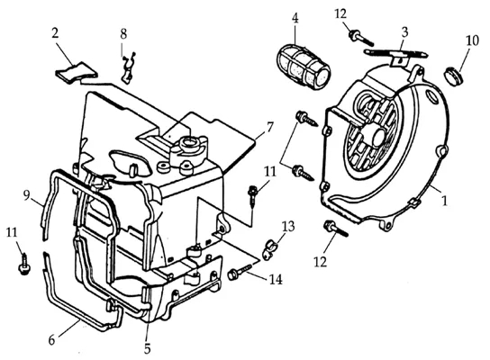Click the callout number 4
coord(295,19)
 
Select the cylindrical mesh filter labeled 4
coord(304,67)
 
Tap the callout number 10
coord(473,40)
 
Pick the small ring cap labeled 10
coord(452,76)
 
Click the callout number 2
coord(55,33)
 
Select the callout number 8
coord(123,34)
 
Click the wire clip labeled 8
coord(128,68)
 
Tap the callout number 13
coord(288,226)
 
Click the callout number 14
coord(276,279)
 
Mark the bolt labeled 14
coord(240,272)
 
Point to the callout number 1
coord(444,201)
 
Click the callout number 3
coord(404,32)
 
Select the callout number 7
coord(269,127)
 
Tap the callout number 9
coord(27,196)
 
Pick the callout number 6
coord(51,339)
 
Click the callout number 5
coord(147,348)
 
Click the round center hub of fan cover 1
coord(376,137)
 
